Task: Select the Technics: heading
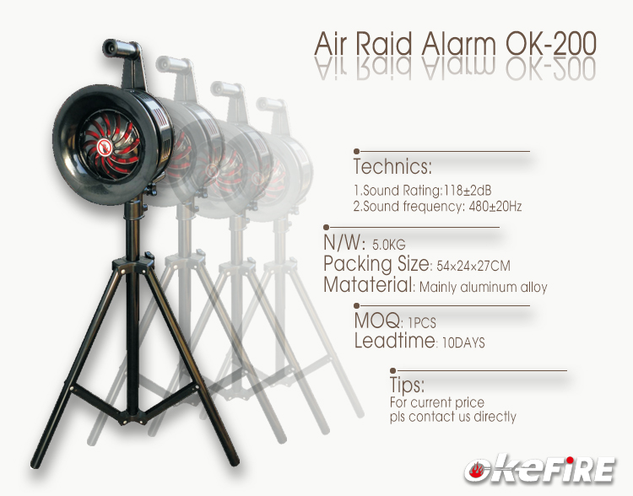click(392, 164)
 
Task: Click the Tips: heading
click(406, 386)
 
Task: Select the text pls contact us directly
click(452, 417)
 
